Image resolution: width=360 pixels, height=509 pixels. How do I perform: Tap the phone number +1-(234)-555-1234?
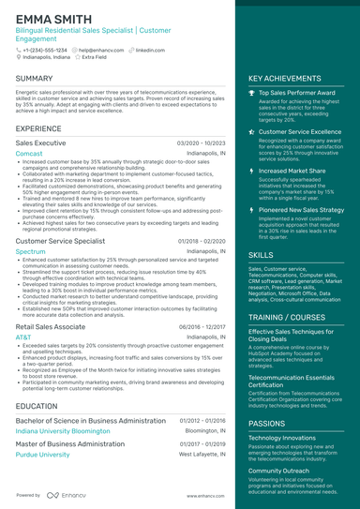[x=44, y=49]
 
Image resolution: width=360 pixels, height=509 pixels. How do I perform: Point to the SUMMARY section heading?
[x=34, y=79]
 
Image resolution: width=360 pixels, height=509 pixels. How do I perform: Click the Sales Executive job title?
[x=40, y=142]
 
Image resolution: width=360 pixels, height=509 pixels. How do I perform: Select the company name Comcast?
[x=29, y=153]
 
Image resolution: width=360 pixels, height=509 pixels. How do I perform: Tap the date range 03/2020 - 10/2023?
[x=202, y=142]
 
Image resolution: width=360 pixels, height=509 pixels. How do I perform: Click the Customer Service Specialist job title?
[x=60, y=241]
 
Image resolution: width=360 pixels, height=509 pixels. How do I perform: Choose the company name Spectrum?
[x=31, y=252]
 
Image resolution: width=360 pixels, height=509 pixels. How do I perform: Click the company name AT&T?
[x=23, y=337]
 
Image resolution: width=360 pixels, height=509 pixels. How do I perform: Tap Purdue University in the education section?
[x=42, y=455]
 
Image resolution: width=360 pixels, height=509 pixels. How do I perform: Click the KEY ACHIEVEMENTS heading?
[x=284, y=79]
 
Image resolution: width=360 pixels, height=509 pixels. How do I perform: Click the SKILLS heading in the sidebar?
[x=262, y=255]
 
